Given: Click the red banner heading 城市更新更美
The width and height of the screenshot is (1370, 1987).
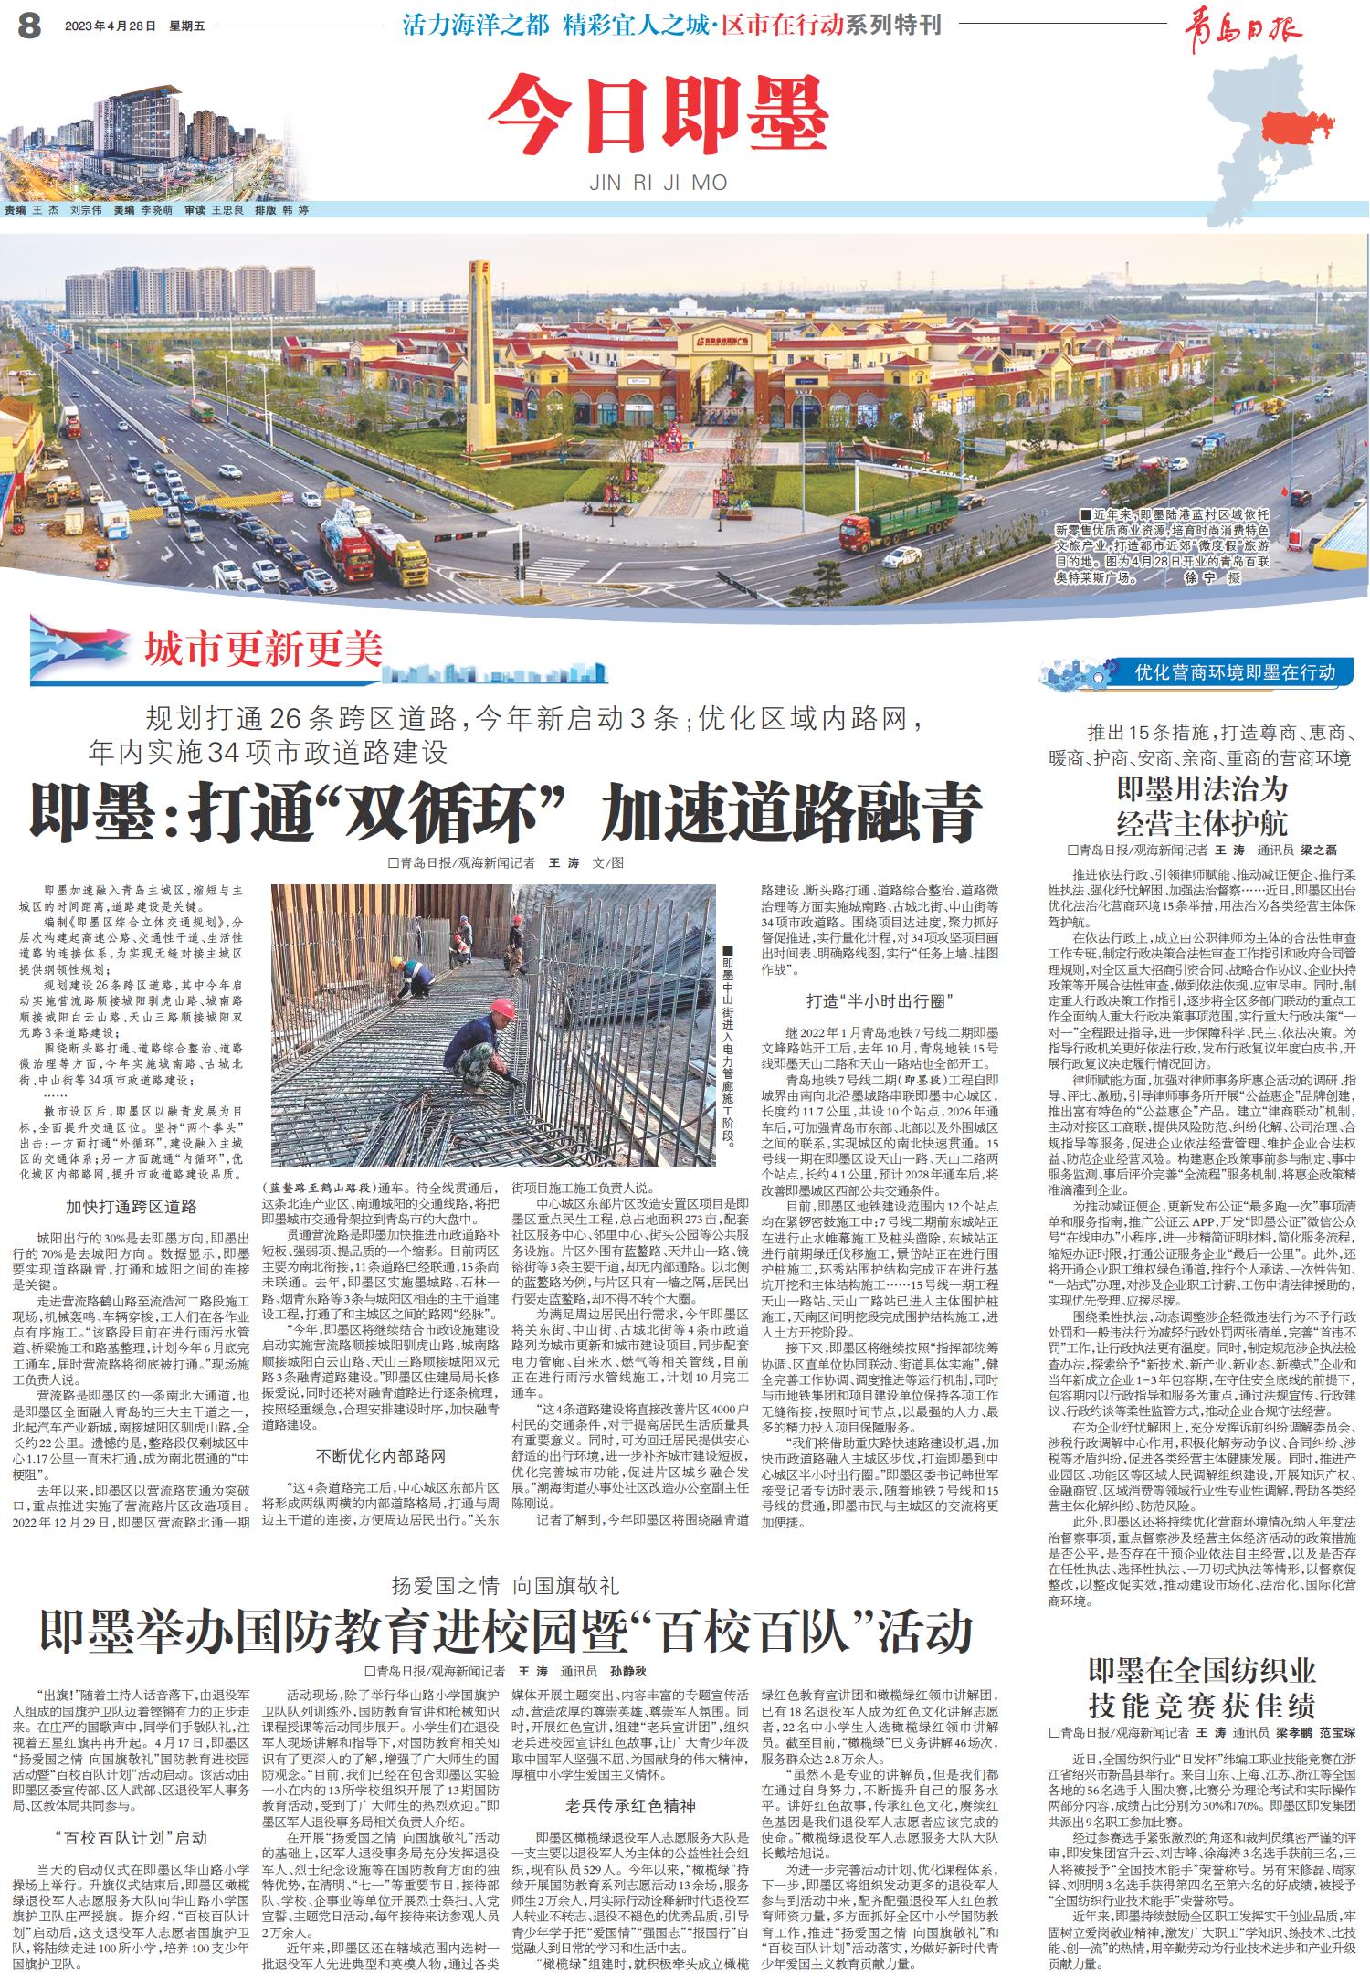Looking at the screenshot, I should click(x=263, y=649).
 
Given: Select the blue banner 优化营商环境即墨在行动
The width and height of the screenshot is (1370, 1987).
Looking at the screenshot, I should click(x=1235, y=673).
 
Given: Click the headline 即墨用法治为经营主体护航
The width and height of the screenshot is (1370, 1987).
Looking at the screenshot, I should click(x=1201, y=805).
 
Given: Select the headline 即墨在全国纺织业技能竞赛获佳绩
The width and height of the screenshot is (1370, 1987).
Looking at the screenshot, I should click(x=1201, y=1688).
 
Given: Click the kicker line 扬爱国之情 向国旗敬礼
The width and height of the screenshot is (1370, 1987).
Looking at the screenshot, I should click(x=505, y=1585).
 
